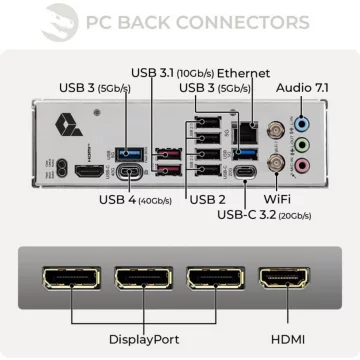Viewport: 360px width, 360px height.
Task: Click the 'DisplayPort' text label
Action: (145, 340)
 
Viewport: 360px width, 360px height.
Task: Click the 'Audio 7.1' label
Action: (309, 87)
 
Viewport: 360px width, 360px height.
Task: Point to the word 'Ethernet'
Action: (244, 72)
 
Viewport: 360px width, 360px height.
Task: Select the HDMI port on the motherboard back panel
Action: (88, 171)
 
